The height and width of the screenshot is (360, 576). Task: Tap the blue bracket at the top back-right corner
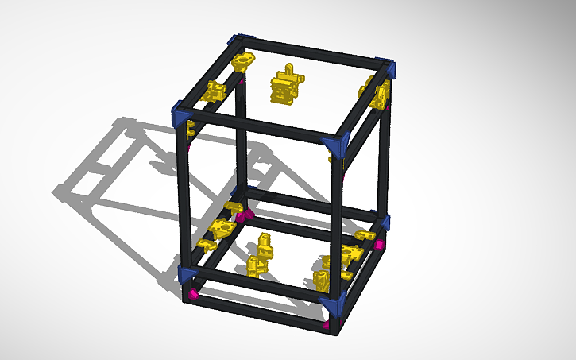[x=386, y=66]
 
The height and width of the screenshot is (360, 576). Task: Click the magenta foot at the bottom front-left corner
[x=189, y=296]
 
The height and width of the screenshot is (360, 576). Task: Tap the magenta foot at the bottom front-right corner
[x=328, y=324]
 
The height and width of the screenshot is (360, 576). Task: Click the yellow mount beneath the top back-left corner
[x=242, y=61]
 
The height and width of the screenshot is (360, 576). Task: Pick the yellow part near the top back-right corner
[x=376, y=94]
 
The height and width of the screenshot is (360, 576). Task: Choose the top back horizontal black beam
[x=310, y=52]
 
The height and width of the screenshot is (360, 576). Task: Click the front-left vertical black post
[x=186, y=199]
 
